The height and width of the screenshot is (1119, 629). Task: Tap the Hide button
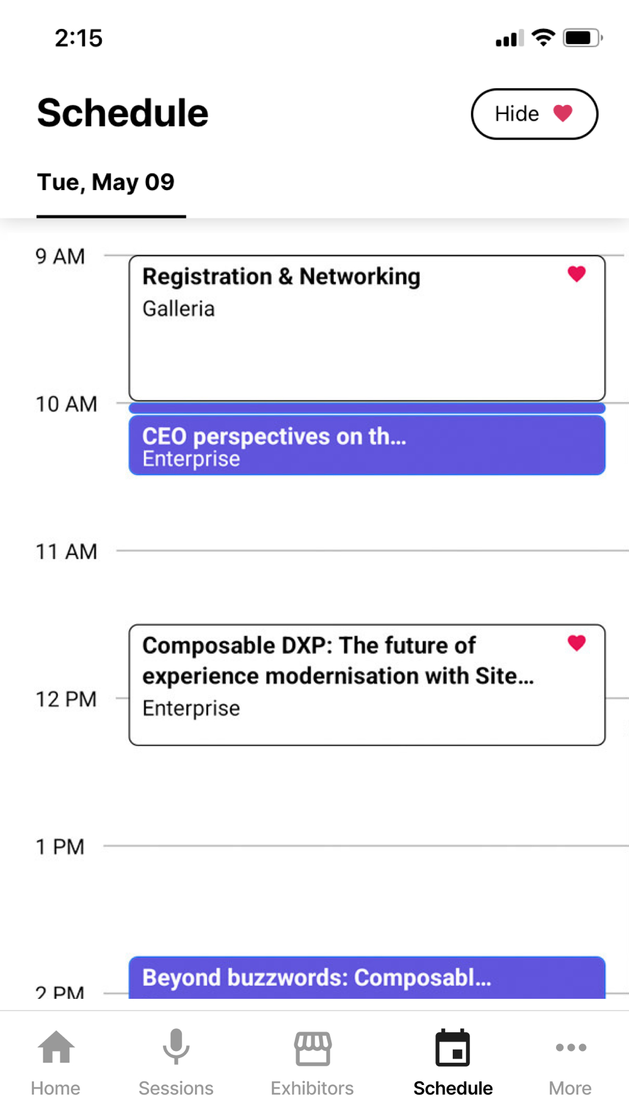(x=534, y=114)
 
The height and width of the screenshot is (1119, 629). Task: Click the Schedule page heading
(x=123, y=113)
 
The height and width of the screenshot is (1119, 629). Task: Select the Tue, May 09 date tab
(x=106, y=182)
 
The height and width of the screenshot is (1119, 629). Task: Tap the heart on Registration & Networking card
(x=576, y=274)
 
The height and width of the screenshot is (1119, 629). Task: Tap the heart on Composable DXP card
(x=576, y=643)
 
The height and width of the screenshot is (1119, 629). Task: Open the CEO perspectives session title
(x=274, y=436)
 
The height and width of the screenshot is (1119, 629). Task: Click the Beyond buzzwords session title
(x=316, y=977)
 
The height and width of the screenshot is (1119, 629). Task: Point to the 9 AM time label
(x=60, y=256)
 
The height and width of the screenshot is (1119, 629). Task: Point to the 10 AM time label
(x=67, y=404)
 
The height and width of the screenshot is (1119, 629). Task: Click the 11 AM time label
(x=67, y=551)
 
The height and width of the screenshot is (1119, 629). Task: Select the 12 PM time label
(x=66, y=699)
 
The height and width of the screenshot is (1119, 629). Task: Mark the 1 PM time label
(x=60, y=846)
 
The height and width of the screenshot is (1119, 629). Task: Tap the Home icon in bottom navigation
(x=56, y=1047)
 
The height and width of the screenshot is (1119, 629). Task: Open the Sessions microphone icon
(x=176, y=1046)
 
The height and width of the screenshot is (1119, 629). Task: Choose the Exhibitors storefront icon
(x=313, y=1048)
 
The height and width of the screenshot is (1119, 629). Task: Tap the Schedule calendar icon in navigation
(x=453, y=1048)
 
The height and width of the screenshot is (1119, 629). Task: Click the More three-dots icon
(x=571, y=1047)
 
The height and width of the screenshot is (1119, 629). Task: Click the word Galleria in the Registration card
(x=179, y=308)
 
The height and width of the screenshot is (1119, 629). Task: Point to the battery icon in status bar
(x=582, y=38)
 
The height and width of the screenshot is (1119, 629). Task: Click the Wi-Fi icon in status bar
(x=543, y=37)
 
